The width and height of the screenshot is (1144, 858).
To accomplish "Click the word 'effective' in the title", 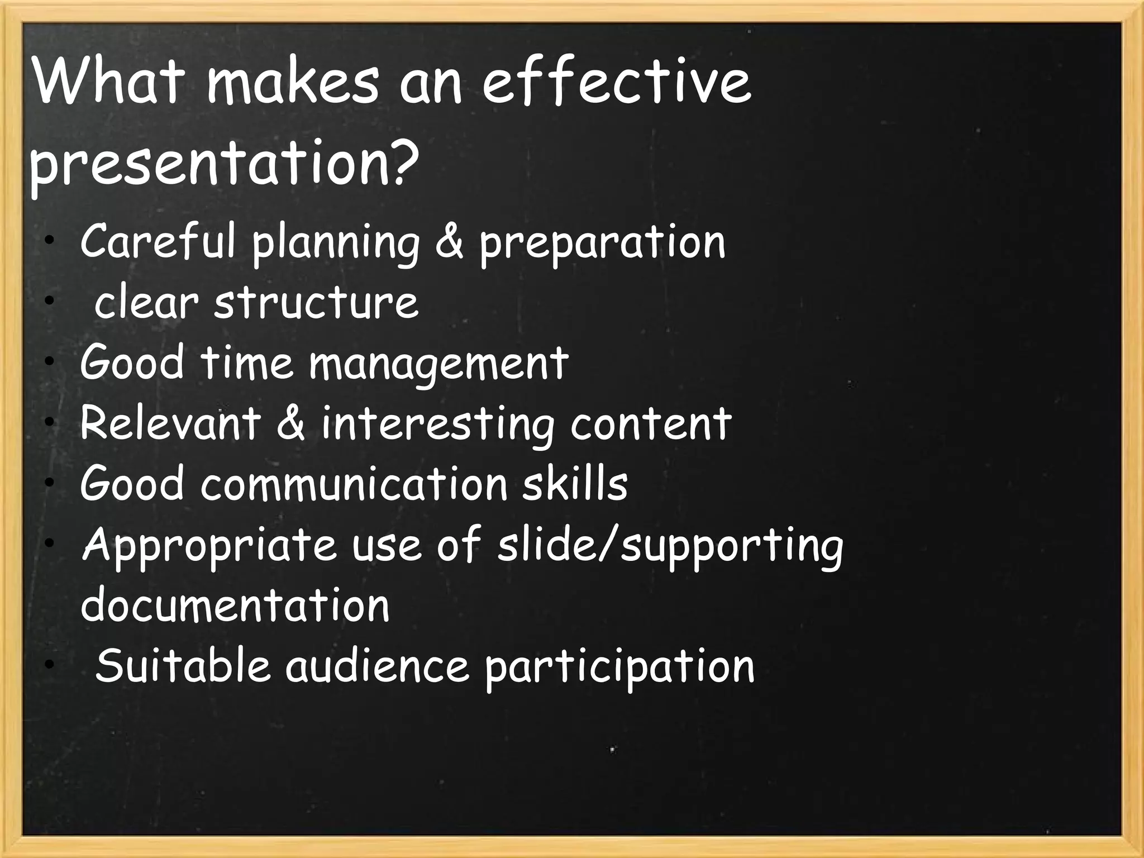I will click(616, 84).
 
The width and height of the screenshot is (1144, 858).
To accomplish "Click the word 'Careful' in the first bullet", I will click(158, 242).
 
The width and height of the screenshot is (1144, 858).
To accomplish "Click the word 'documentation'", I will click(235, 606).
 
